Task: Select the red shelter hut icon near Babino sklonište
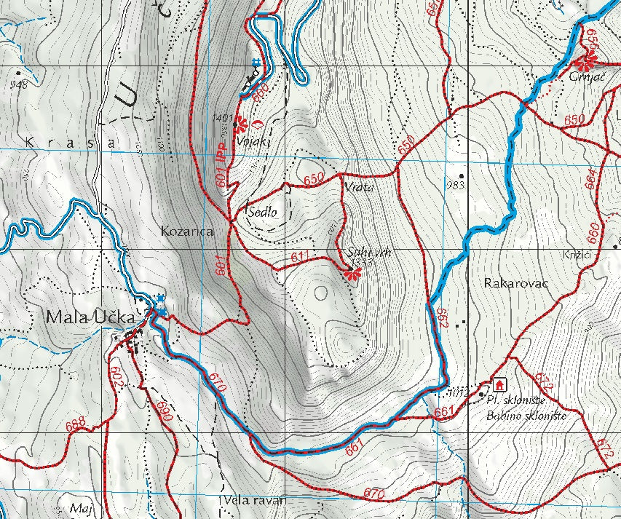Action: (500, 384)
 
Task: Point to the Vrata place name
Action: (357, 187)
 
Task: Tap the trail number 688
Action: (76, 424)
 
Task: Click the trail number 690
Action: (163, 412)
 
